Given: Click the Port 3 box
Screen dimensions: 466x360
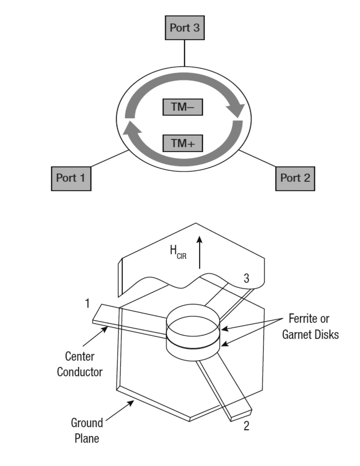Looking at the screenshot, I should pyautogui.click(x=185, y=28).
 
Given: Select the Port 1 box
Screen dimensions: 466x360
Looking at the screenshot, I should pyautogui.click(x=71, y=179).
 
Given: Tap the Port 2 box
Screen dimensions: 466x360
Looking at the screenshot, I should pyautogui.click(x=295, y=179).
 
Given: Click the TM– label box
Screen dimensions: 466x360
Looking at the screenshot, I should pyautogui.click(x=183, y=107).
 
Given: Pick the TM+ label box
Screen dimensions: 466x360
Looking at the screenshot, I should pyautogui.click(x=183, y=143).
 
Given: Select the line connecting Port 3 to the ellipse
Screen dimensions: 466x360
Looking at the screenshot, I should pyautogui.click(x=184, y=53).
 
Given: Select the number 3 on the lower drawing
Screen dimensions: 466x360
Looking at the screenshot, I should pyautogui.click(x=246, y=278).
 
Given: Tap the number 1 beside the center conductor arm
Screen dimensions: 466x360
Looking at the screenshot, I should pyautogui.click(x=87, y=303).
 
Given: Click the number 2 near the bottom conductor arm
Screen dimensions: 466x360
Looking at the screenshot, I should pyautogui.click(x=246, y=426).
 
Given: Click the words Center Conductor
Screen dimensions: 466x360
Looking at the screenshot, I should pyautogui.click(x=80, y=364).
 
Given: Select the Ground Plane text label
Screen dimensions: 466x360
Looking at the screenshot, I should pyautogui.click(x=87, y=431).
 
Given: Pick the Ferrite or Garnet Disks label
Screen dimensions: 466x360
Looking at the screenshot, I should pyautogui.click(x=310, y=326).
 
